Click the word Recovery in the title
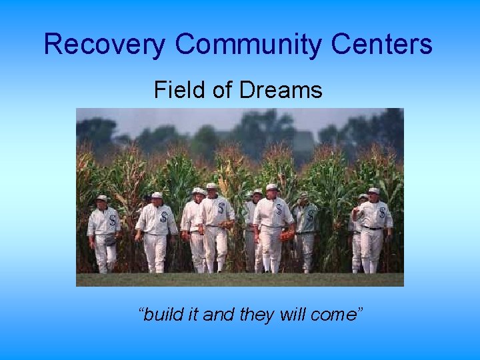point(105,45)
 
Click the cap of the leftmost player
point(102,198)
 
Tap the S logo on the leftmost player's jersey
point(112,221)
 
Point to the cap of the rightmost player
point(374,191)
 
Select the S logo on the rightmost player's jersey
point(382,213)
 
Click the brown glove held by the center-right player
point(287,235)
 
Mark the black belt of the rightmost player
point(372,228)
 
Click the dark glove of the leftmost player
point(109,239)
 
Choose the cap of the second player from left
point(157,195)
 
